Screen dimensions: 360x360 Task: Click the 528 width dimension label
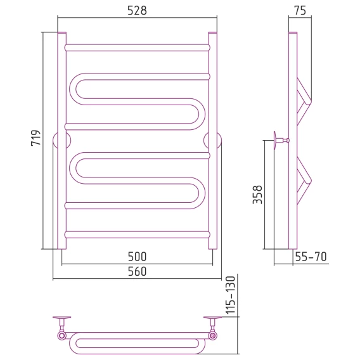pyautogui.click(x=137, y=11)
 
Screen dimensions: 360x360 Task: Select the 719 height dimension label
pyautogui.click(x=36, y=138)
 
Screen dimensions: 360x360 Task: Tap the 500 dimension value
pyautogui.click(x=137, y=257)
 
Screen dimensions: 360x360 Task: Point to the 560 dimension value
pyautogui.click(x=137, y=271)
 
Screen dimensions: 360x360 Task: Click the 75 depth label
pyautogui.click(x=300, y=11)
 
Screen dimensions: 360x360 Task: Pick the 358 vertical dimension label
pyautogui.click(x=257, y=195)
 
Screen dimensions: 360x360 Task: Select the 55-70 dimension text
pyautogui.click(x=311, y=257)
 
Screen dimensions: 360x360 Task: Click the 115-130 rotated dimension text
pyautogui.click(x=231, y=295)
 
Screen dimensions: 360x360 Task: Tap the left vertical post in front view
pyautogui.click(x=61, y=141)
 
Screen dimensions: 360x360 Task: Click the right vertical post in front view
pyautogui.click(x=212, y=141)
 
